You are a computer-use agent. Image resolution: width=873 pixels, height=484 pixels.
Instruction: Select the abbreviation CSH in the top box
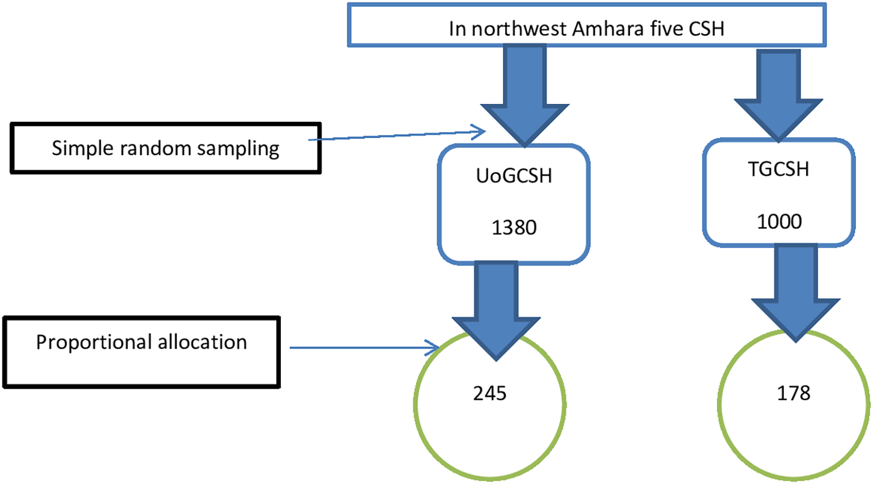(x=706, y=29)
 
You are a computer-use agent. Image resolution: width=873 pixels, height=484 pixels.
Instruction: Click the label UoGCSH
(x=514, y=176)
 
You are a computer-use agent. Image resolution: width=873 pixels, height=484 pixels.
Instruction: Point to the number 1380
(x=514, y=228)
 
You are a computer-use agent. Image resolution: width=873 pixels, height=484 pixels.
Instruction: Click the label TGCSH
(x=779, y=169)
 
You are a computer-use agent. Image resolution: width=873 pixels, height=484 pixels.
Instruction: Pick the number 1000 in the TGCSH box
(x=779, y=222)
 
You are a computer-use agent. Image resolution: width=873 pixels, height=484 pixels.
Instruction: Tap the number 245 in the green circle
(x=490, y=393)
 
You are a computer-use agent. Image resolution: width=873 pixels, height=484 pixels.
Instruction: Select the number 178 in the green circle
(x=794, y=393)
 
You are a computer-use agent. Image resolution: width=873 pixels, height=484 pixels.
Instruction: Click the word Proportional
(x=94, y=342)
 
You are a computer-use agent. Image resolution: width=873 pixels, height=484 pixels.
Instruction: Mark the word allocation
(x=202, y=342)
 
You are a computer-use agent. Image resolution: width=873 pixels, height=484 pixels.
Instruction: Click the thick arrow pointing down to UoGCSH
(x=524, y=95)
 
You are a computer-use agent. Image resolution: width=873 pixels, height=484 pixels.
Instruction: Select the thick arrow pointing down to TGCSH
(x=778, y=96)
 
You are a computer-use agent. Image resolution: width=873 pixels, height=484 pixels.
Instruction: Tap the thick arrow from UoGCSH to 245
(x=496, y=311)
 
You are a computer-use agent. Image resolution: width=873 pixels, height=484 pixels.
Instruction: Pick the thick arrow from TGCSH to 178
(x=796, y=293)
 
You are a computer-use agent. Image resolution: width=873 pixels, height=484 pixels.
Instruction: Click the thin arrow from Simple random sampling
(x=396, y=135)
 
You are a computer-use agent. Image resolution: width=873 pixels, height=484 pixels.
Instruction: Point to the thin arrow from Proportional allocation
(x=364, y=347)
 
